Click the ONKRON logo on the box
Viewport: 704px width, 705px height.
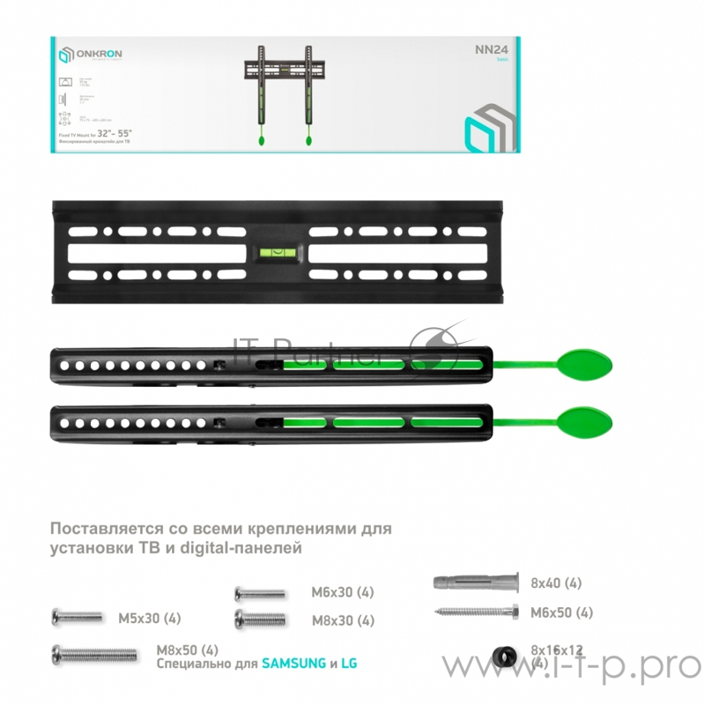coord(91,56)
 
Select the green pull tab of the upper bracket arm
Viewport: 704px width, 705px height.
coord(582,362)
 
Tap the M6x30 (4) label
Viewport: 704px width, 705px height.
coord(343,592)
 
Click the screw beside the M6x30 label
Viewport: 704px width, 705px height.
coord(259,593)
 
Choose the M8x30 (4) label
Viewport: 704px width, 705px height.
coord(343,620)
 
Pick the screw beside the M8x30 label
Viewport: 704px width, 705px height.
coord(260,619)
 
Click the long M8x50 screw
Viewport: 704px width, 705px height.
coord(93,653)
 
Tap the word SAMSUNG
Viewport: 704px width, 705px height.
coord(293,663)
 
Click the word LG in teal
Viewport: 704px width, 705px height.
coord(352,663)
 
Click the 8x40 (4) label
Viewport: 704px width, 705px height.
coord(555,583)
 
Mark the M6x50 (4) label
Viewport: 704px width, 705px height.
coord(560,612)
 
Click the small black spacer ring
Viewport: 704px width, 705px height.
coord(505,654)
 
